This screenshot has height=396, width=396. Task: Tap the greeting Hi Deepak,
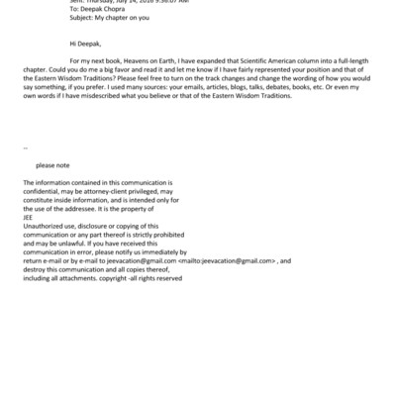click(x=87, y=44)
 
